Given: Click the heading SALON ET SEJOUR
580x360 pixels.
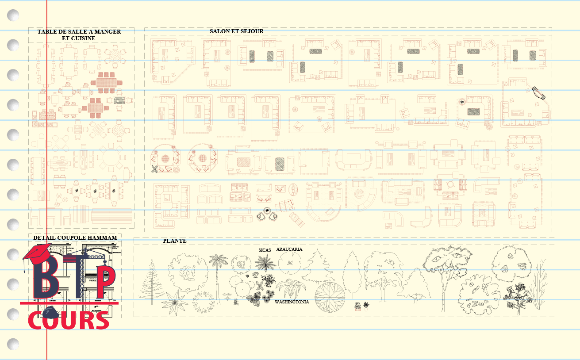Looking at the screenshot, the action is point(236,31).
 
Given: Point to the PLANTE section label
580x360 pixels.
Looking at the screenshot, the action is point(174,241).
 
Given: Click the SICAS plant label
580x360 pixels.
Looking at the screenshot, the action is point(265,250).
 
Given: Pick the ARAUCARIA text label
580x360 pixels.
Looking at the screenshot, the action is point(289,249).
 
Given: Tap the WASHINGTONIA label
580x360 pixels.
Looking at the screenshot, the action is point(292,302).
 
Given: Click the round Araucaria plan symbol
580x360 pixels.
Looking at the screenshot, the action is point(289,264).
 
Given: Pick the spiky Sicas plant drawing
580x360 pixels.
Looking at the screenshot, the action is point(265,263).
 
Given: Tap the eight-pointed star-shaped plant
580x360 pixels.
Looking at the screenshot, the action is point(175,302).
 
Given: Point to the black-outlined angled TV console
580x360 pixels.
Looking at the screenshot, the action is point(539,92).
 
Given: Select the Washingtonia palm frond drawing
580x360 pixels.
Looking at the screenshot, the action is point(291,289).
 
